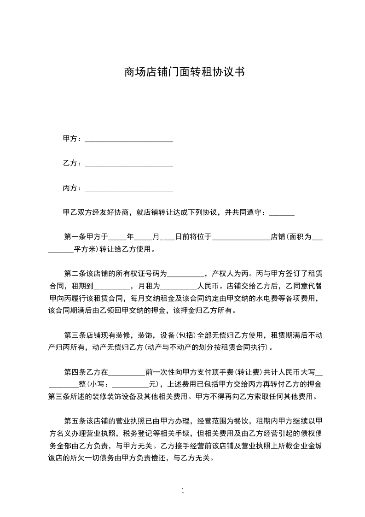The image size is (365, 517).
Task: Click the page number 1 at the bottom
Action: (183, 491)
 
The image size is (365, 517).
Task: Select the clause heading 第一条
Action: (74, 237)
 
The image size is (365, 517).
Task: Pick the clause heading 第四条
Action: (74, 371)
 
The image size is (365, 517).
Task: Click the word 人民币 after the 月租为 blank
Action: (209, 286)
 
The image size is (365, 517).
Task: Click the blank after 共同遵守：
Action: (281, 213)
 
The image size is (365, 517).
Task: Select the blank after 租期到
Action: (112, 287)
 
